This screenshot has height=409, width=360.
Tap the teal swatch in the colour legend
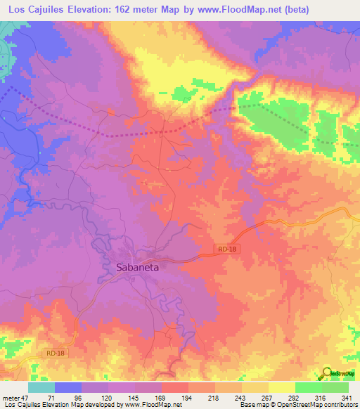pos(41,387)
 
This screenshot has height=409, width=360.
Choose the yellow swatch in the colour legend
pos(281,387)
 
